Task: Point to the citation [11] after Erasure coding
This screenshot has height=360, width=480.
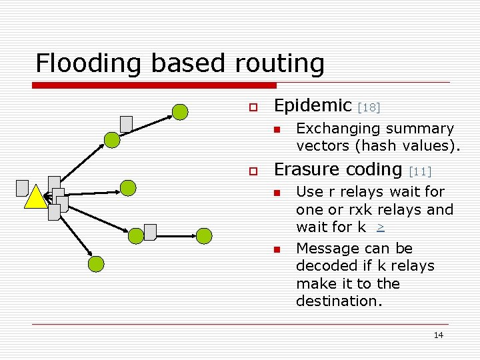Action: click(x=420, y=171)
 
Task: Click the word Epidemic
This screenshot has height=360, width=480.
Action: click(x=313, y=105)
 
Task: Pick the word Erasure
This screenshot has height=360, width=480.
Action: click(x=304, y=169)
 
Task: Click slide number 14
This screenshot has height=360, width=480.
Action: click(x=438, y=335)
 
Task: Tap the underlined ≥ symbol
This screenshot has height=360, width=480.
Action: click(x=380, y=227)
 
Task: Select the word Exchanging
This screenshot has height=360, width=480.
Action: click(x=331, y=128)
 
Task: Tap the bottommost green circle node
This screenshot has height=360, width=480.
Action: click(x=97, y=264)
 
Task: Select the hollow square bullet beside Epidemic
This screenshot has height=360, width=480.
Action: click(x=253, y=107)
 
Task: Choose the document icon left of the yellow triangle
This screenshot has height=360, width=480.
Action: click(x=23, y=188)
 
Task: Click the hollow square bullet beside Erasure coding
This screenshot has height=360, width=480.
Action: click(x=253, y=171)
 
